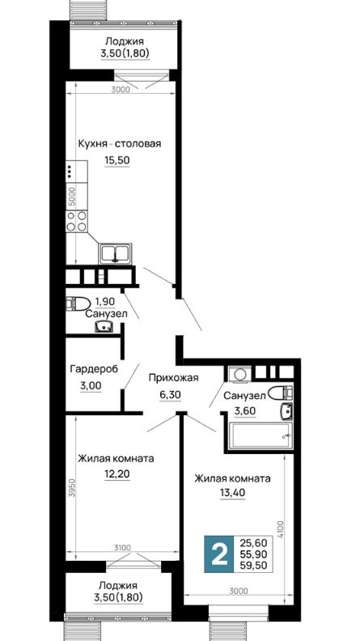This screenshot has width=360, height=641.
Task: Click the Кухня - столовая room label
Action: pos(120,144)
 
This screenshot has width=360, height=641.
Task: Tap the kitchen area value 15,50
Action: pos(117,160)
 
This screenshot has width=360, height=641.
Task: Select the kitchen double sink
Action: pos(115,253)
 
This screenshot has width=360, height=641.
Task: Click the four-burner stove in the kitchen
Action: pos(77,221)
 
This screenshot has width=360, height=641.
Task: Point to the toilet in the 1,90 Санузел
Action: pos(78,304)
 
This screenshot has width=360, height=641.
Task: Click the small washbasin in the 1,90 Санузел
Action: pos(104,327)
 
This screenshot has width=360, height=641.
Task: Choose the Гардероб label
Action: pos(94,369)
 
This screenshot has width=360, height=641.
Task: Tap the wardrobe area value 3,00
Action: pos(91,385)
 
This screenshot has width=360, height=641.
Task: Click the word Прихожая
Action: pos(173,378)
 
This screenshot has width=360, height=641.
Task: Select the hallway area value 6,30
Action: pos(170,394)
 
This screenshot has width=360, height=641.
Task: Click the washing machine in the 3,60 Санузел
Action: pos(236,374)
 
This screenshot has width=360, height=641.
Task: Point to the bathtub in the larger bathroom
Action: pos(260,435)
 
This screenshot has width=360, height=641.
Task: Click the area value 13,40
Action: pos(232,493)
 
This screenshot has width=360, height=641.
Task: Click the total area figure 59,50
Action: pos(254,567)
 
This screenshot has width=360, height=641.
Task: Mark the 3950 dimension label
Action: pos(72,487)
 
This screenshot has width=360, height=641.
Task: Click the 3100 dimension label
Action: pos(122,547)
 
